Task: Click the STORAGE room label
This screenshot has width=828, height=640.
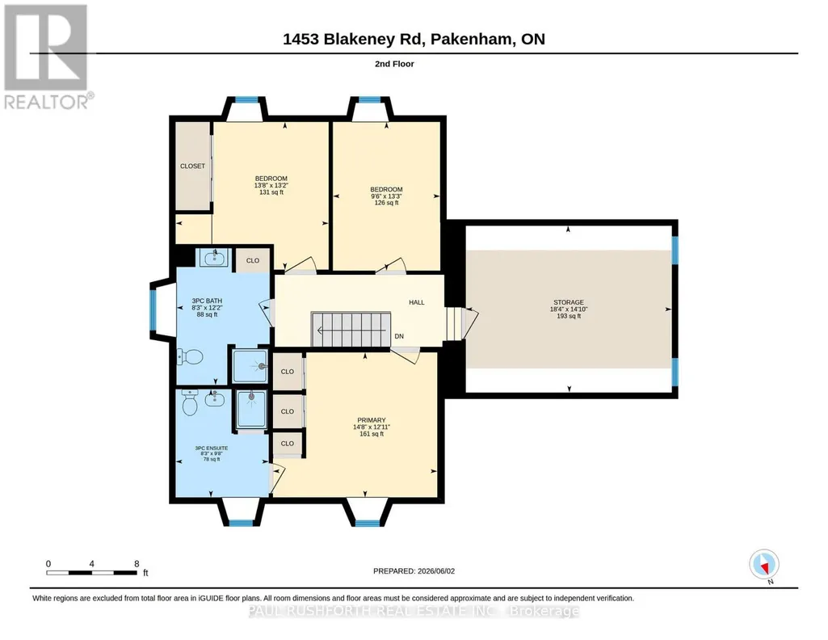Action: [569, 302]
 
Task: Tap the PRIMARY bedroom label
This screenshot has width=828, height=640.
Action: [372, 420]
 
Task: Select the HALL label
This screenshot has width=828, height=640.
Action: [417, 302]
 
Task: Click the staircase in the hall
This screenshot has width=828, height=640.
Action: [351, 330]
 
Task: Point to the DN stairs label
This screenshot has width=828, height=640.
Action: [399, 336]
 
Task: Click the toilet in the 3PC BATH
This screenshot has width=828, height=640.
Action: [190, 357]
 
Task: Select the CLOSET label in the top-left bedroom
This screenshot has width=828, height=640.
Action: [192, 166]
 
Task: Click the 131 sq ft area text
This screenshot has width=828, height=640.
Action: [271, 192]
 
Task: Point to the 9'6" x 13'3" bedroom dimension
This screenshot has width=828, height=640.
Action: [386, 196]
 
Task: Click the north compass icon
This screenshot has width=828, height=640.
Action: [763, 565]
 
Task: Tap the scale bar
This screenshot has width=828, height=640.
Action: [92, 572]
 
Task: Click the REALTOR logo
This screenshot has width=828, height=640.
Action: [48, 57]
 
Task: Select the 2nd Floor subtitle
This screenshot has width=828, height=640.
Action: [394, 64]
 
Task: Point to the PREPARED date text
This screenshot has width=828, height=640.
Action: [414, 571]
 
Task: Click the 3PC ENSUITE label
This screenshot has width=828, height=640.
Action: [212, 448]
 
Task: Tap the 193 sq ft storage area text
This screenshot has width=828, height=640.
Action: [569, 316]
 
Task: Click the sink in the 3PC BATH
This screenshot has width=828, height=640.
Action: [213, 257]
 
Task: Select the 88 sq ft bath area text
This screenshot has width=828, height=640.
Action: [207, 314]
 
